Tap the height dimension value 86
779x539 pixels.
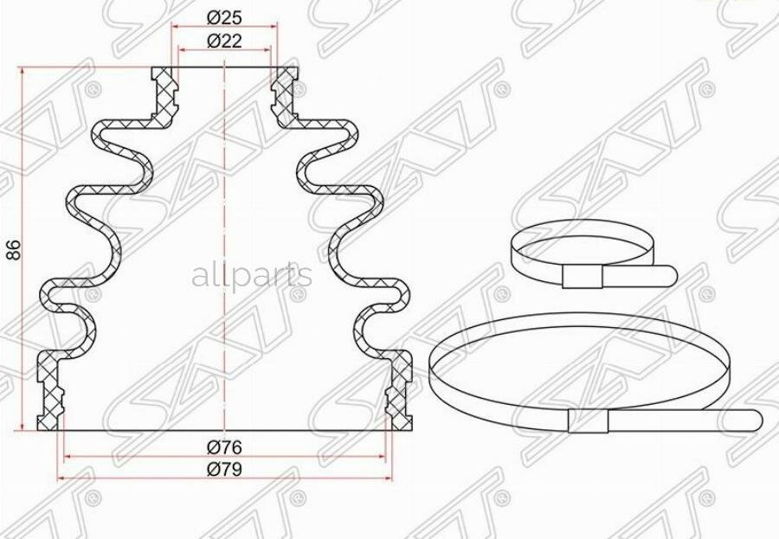[x=11, y=250]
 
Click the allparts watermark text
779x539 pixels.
[x=251, y=276]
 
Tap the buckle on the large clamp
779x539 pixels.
[x=589, y=421]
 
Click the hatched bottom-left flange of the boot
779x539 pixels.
[x=51, y=389]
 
